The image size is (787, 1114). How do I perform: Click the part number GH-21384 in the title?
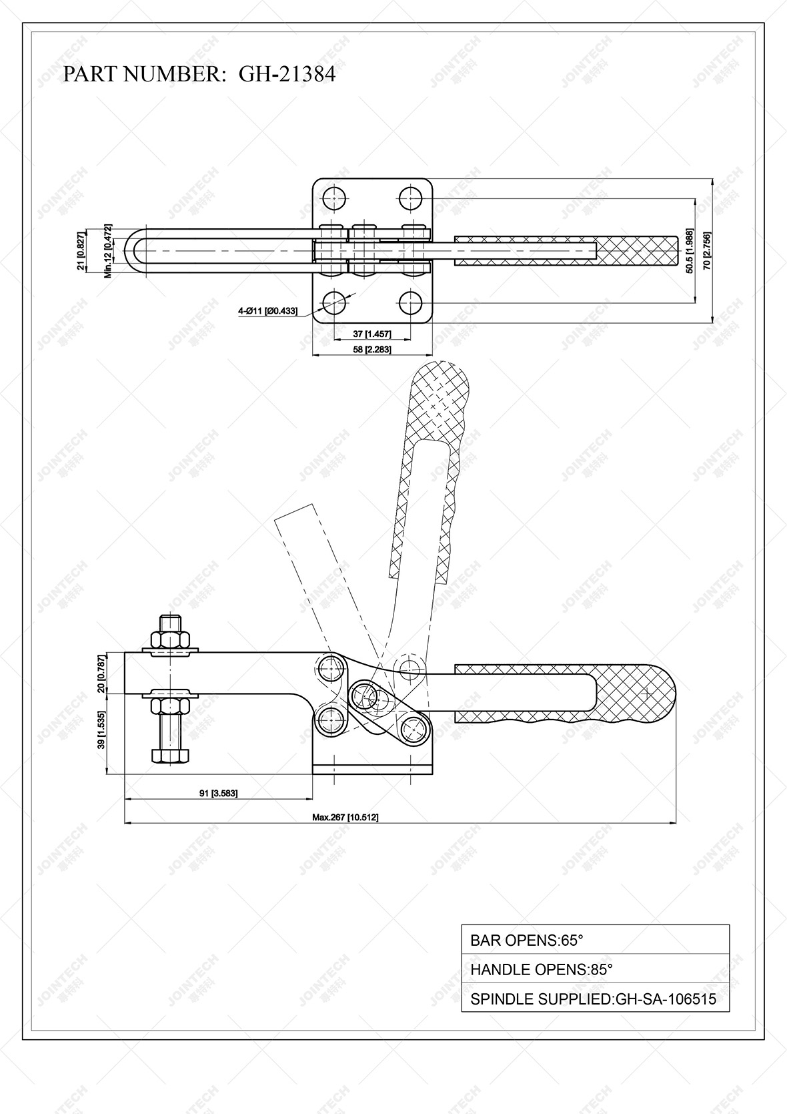click(287, 74)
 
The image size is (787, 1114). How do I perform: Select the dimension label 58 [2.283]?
click(372, 349)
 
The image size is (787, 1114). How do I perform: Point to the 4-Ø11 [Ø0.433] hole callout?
click(267, 311)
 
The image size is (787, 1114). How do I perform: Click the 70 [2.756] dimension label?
click(707, 250)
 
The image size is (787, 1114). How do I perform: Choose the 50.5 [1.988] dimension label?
click(690, 250)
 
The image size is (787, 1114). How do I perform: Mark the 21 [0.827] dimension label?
click(81, 251)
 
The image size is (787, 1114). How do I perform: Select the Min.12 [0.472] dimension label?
click(108, 251)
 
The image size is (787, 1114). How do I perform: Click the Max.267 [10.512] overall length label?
click(345, 817)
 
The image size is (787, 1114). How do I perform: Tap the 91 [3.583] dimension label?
click(219, 793)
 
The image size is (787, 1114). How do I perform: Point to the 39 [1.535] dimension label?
click(101, 733)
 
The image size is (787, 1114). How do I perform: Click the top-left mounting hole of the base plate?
click(333, 198)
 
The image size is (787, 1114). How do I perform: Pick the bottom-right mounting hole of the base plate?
click(412, 304)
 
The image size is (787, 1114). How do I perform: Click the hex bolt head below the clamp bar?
click(170, 756)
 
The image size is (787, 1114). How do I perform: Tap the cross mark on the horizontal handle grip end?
click(646, 693)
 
